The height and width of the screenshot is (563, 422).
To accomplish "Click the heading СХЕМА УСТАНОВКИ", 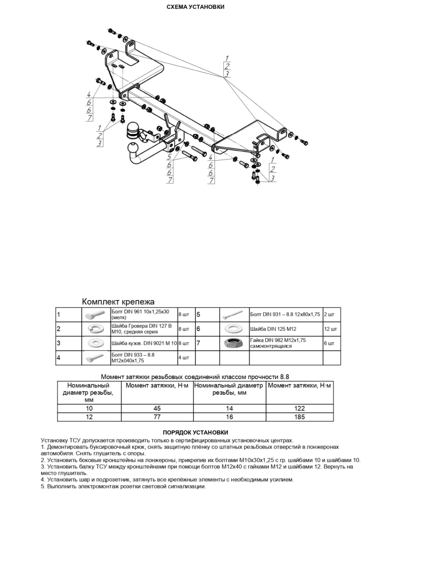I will coord(195,7).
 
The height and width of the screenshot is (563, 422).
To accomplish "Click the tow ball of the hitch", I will coord(132,148).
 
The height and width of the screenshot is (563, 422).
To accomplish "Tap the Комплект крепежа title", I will coord(118,302).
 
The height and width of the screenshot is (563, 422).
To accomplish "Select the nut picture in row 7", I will coord(234,343).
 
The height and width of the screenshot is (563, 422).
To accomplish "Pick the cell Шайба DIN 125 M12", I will coord(273,329).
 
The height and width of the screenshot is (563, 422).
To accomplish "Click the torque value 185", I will coord(299,417).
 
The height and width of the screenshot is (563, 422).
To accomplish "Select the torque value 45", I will coord(157,408).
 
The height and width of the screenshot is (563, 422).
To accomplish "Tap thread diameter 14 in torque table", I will coord(230,408).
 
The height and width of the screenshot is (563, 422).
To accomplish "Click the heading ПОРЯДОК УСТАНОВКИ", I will coord(195,432).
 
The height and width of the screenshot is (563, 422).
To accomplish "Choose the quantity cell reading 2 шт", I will coord(329,315).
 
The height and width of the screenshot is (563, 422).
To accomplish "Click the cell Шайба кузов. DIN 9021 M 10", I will coord(144,343).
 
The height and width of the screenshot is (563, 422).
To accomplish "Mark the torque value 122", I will coord(299,408).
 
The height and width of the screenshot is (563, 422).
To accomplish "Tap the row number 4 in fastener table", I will coord(59,358).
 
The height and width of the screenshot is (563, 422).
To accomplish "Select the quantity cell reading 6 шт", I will coord(329,343).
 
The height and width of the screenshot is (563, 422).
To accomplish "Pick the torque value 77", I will coord(157,417).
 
